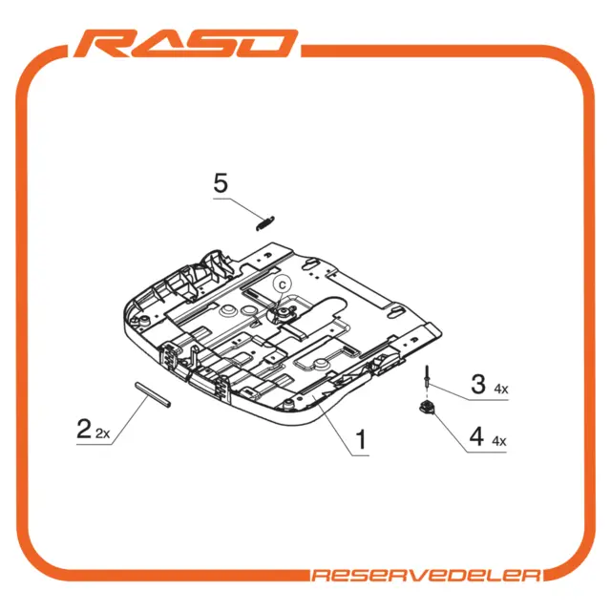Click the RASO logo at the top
[x=186, y=43]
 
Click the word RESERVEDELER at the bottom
[x=427, y=575]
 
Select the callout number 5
[x=221, y=183]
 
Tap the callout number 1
[x=362, y=439]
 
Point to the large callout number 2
[x=84, y=429]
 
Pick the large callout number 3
[x=478, y=384]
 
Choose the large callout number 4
[x=476, y=436]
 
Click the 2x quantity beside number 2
[x=103, y=433]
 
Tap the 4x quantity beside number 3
[x=501, y=389]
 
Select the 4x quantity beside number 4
[x=499, y=441]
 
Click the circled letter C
[x=283, y=284]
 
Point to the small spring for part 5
[x=265, y=222]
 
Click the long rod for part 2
[x=153, y=394]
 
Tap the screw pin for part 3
[x=428, y=376]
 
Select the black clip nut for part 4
[x=427, y=408]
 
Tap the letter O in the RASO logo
[x=266, y=43]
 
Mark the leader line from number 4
[x=467, y=431]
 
